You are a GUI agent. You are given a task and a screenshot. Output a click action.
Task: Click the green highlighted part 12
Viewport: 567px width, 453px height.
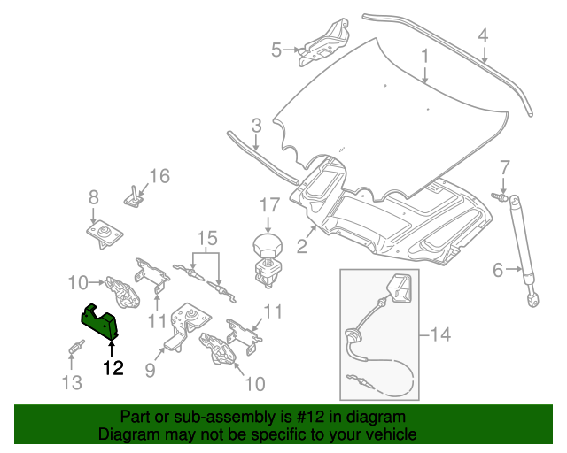99,322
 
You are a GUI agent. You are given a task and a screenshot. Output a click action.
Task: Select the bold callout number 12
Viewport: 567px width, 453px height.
113,368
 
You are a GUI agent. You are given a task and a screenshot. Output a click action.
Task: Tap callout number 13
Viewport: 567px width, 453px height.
72,382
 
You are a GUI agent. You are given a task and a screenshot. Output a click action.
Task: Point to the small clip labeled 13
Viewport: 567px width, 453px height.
76,347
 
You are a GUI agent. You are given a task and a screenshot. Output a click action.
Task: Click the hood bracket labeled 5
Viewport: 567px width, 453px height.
323,43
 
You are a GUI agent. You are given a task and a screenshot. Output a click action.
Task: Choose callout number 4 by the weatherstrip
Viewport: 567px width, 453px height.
483,35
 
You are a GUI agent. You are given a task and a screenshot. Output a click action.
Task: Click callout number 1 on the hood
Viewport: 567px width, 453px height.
425,57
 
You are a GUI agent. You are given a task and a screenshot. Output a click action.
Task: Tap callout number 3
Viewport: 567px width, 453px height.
256,126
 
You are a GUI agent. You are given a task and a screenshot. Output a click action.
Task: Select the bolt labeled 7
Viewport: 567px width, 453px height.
500,196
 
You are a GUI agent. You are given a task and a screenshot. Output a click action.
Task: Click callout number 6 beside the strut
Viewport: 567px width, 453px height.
498,270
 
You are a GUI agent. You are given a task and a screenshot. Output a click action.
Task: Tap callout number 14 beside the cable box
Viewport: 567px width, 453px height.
440,334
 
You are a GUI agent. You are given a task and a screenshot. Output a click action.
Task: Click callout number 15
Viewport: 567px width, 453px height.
207,238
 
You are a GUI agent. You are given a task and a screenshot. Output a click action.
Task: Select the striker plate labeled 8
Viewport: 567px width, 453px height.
105,234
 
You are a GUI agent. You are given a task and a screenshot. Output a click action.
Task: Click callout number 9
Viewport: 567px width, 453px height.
150,370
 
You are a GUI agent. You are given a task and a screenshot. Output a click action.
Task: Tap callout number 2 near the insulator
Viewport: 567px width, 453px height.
302,246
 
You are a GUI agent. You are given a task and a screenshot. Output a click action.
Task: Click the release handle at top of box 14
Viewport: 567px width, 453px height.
400,288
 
